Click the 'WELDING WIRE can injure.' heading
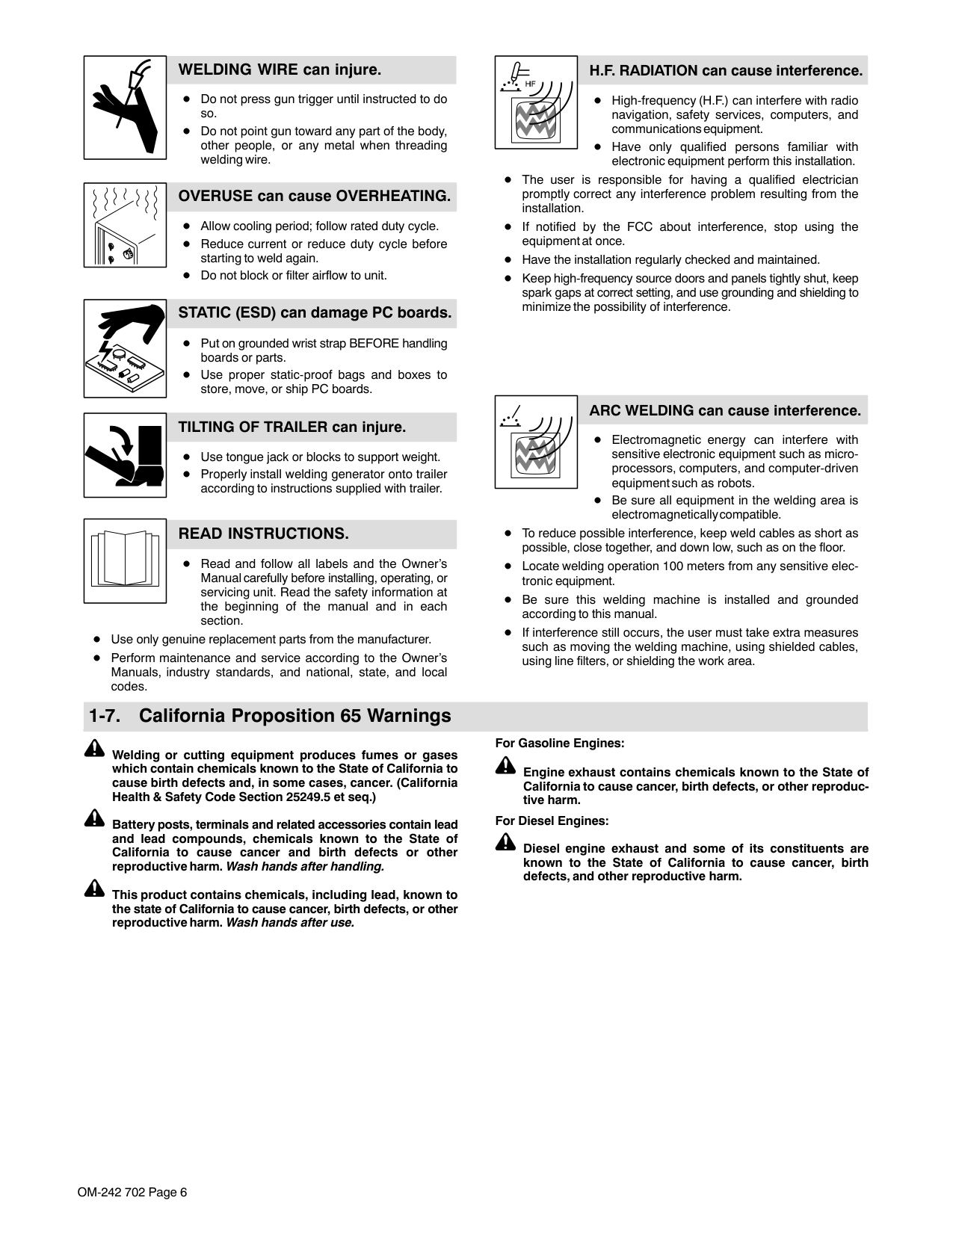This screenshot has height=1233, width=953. (x=280, y=70)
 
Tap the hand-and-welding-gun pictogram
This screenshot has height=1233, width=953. (x=125, y=107)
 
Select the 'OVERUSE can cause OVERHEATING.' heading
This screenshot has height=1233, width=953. (x=314, y=197)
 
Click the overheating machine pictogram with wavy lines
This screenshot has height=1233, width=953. (x=125, y=225)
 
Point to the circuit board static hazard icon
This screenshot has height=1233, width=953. (x=125, y=348)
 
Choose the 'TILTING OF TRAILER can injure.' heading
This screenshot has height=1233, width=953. (x=292, y=427)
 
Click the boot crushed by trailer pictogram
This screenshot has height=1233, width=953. (x=125, y=454)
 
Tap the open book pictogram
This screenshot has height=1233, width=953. (x=125, y=560)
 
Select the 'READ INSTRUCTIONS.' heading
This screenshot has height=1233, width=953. (x=263, y=534)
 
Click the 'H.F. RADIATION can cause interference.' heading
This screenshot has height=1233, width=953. (x=725, y=71)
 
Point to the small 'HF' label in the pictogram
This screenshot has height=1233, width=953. (x=530, y=84)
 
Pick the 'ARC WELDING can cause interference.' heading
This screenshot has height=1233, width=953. (x=724, y=411)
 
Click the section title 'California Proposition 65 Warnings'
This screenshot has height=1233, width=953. (x=294, y=716)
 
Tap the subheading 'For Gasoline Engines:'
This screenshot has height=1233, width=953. (x=559, y=744)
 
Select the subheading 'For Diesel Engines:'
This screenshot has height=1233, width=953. (x=552, y=821)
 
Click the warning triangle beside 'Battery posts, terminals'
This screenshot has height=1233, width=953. (x=94, y=819)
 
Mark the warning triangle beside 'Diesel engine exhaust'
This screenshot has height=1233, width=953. (x=505, y=843)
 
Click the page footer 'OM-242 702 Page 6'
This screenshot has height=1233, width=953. (x=132, y=1192)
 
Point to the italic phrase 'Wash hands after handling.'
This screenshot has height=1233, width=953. (x=305, y=867)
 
